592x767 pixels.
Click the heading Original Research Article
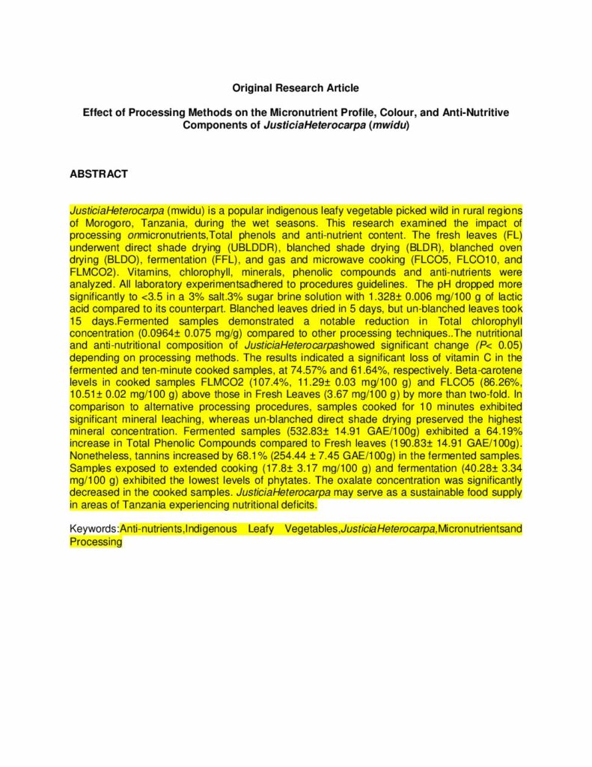pyautogui.click(x=296, y=88)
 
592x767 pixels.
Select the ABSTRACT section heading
pyautogui.click(x=99, y=174)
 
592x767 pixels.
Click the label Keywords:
pyautogui.click(x=94, y=529)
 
